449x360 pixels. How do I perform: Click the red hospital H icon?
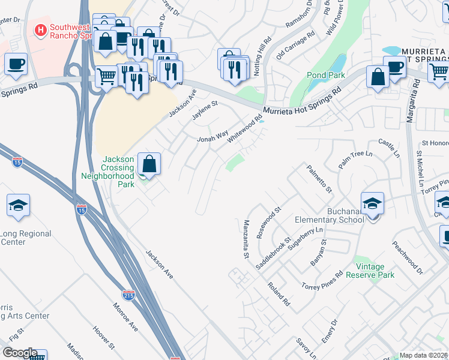41,29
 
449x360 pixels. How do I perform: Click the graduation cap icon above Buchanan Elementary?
372,203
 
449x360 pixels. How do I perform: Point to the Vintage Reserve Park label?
375,271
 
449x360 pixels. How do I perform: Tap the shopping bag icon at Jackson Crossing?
149,163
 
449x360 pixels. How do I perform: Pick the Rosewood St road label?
268,223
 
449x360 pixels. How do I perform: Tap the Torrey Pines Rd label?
322,279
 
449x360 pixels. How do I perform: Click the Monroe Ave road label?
125,316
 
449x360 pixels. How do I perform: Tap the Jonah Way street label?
213,137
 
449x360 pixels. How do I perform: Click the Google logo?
19,353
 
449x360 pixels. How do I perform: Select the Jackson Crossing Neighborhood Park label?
109,172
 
